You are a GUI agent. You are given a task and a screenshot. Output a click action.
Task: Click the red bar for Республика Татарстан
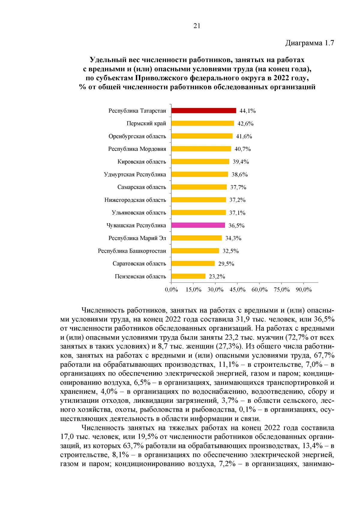pyautogui.click(x=204, y=111)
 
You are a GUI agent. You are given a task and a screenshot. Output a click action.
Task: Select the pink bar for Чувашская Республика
pyautogui.click(x=198, y=225)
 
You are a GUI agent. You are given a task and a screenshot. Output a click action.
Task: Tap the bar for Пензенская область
pyautogui.click(x=188, y=276)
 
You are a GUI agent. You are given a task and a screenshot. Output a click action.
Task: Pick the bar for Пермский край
pyautogui.click(x=202, y=123)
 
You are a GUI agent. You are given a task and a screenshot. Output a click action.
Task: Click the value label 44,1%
pyautogui.click(x=247, y=111)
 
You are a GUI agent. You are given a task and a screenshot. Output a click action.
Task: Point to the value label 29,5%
pyautogui.click(x=226, y=264)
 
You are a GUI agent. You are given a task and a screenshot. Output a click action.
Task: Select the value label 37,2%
pyautogui.click(x=237, y=200)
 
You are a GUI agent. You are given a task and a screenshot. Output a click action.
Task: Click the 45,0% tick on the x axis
pyautogui.click(x=237, y=290)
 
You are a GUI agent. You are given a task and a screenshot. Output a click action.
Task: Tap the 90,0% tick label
pyautogui.click(x=304, y=290)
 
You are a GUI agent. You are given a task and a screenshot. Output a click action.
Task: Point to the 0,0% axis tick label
pyautogui.click(x=171, y=290)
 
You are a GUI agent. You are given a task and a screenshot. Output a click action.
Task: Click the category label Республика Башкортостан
pyautogui.click(x=132, y=251)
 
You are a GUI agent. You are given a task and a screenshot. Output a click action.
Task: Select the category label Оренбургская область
pyautogui.click(x=137, y=136)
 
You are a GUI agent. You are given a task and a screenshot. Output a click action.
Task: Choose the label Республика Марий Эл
pyautogui.click(x=137, y=238)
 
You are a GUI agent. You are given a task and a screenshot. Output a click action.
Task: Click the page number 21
pyautogui.click(x=197, y=26)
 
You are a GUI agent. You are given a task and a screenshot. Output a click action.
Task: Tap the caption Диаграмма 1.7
pyautogui.click(x=309, y=43)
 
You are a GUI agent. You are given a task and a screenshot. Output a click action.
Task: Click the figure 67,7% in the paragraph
pyautogui.click(x=324, y=355)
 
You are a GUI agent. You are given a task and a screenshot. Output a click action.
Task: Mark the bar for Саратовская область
pyautogui.click(x=193, y=264)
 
